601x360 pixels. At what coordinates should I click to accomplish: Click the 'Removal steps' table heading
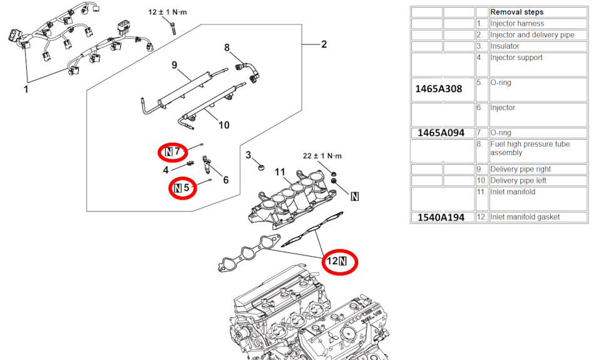coord(516,12)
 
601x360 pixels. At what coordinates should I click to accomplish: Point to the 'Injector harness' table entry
coord(516,24)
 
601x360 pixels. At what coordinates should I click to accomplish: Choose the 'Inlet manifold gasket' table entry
coord(525,217)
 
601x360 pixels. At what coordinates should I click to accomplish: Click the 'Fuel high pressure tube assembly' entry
coord(530,148)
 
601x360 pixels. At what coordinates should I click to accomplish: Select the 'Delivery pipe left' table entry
coord(520,181)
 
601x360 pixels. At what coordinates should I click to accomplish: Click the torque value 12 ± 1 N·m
coord(168,12)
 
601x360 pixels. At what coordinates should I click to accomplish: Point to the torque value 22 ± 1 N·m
coord(323,155)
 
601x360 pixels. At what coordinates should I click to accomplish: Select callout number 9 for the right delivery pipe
coord(175,64)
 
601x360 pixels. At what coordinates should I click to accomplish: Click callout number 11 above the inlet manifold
coord(280,172)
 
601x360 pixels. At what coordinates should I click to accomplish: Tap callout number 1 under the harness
coord(26,90)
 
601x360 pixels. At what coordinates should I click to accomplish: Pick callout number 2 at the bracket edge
coord(324,44)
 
